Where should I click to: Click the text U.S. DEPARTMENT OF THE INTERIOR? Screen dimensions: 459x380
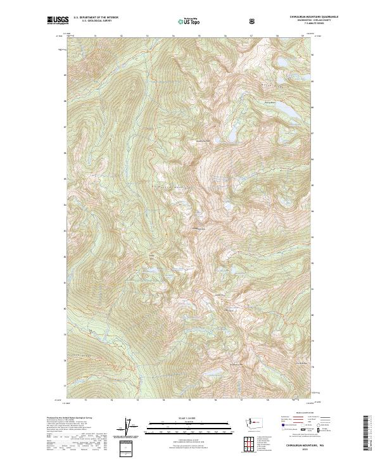[x=96, y=18]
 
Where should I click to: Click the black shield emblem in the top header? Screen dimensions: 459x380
[x=252, y=21]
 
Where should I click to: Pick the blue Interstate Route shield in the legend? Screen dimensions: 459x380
[x=276, y=428]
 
